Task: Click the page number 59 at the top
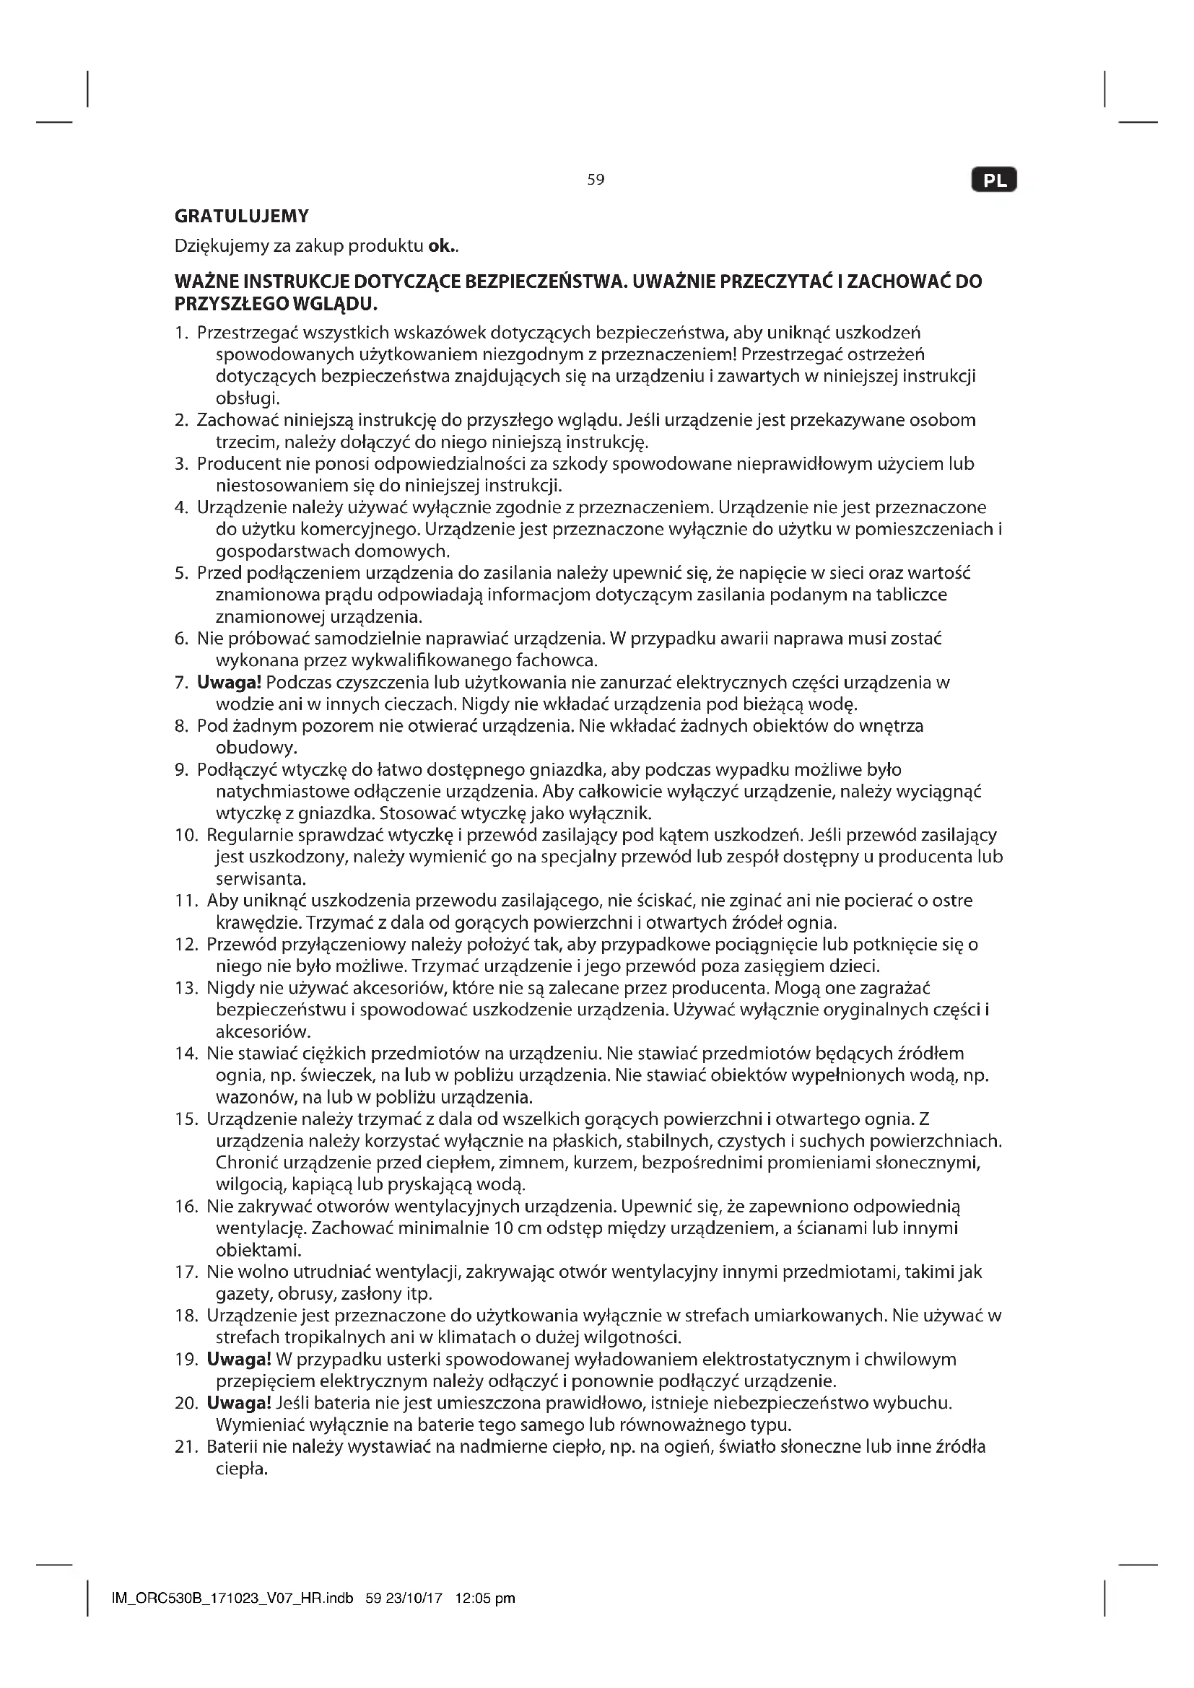click(x=596, y=180)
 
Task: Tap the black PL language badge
click(x=994, y=181)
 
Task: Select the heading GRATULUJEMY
click(x=241, y=217)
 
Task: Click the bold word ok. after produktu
click(x=441, y=246)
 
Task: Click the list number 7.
click(x=181, y=683)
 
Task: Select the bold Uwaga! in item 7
click(x=230, y=682)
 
